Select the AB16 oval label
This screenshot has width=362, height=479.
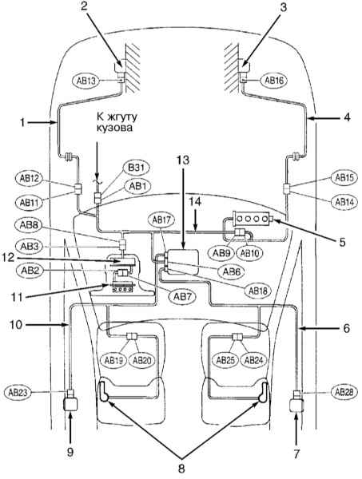[x=274, y=81]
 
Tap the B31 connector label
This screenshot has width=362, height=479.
[x=137, y=168]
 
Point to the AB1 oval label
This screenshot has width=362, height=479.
[x=138, y=186]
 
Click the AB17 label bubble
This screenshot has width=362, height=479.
[x=161, y=220]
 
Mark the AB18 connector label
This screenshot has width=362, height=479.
[x=258, y=291]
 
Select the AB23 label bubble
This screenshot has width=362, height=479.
[x=18, y=393]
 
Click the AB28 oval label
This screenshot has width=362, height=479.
[x=344, y=392]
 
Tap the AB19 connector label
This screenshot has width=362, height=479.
[x=113, y=361]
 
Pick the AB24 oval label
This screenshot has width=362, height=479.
[x=254, y=361]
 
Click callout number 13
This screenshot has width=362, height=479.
[x=182, y=160]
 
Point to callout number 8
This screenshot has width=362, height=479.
[x=181, y=468]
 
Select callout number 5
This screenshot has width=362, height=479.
[x=343, y=241]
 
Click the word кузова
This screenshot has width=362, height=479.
[x=114, y=127]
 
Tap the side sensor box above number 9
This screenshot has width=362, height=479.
[x=70, y=404]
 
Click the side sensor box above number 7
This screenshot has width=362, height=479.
[x=296, y=404]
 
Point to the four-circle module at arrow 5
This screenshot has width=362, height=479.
[x=252, y=218]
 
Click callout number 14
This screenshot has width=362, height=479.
[x=195, y=202]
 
